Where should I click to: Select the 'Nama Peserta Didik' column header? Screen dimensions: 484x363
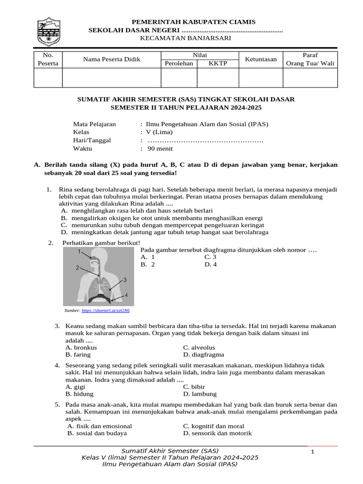coord(112,59)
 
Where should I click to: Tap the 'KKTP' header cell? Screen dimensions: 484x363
coord(218,64)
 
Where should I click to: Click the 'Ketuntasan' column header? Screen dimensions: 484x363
coord(260,59)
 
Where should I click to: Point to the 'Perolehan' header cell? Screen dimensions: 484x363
coord(179,64)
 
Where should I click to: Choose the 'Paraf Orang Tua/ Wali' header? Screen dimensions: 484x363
coord(310,59)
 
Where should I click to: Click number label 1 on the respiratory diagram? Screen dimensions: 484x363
coord(79,251)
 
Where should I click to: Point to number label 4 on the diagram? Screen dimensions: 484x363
coord(126,294)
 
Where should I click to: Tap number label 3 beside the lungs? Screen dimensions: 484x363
coord(125,280)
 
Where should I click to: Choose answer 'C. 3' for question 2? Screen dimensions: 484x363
coord(210,257)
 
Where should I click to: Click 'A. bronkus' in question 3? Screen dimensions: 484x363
coord(81,347)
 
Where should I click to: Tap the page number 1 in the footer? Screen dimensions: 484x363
coord(313,453)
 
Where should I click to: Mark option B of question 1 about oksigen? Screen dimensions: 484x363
coord(162,218)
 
